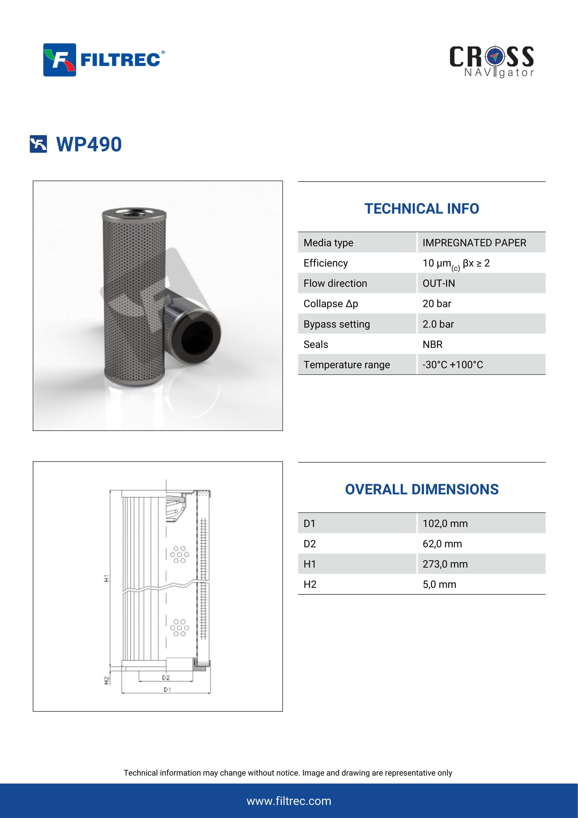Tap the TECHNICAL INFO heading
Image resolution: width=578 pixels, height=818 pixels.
tap(421, 209)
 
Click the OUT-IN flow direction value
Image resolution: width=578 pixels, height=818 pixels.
tap(438, 284)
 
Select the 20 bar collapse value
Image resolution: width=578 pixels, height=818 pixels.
tap(437, 304)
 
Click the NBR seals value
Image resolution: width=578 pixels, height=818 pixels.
tap(432, 344)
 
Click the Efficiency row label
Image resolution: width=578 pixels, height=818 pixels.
tap(326, 263)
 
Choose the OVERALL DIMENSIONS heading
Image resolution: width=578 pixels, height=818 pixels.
tap(421, 489)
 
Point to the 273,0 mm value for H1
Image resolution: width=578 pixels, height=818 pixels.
tap(445, 564)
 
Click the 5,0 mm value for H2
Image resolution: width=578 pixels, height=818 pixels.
tap(439, 585)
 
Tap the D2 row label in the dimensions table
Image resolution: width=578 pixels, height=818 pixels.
tap(310, 544)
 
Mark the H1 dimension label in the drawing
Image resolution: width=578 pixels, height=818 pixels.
tap(106, 578)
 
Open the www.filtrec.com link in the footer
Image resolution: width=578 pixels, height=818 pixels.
tap(289, 801)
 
